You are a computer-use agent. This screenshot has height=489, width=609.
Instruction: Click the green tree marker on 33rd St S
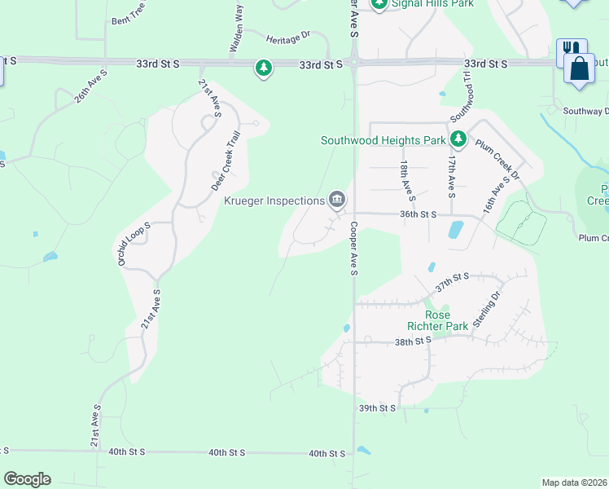click(x=263, y=68)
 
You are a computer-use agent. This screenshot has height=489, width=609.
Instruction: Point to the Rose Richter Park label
click(x=448, y=320)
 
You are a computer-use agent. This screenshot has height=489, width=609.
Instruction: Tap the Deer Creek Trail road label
click(x=226, y=161)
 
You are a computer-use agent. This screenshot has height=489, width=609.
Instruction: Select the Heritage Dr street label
click(x=290, y=37)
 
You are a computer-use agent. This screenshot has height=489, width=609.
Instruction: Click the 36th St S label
click(x=418, y=214)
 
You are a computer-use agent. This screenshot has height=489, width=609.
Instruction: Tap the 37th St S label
click(x=452, y=283)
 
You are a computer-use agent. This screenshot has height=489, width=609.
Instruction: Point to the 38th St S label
click(x=413, y=341)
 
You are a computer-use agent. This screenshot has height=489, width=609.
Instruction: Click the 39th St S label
click(x=377, y=407)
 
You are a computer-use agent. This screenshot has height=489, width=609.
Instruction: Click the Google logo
click(x=28, y=479)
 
